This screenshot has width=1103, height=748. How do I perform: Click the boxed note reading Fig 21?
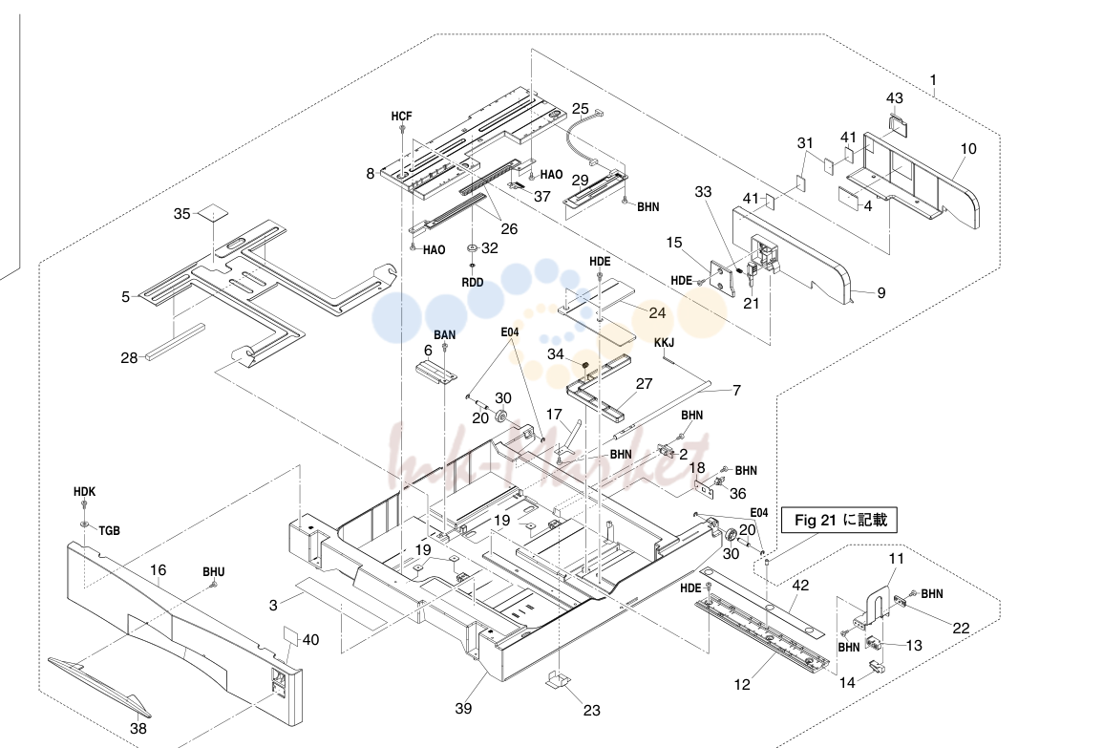[x=839, y=521]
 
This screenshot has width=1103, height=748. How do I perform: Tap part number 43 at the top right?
[x=895, y=98]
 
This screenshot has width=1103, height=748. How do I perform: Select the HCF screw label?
[x=402, y=117]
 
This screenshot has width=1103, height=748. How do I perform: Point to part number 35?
[x=182, y=214]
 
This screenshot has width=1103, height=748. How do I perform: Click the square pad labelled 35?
[x=213, y=213]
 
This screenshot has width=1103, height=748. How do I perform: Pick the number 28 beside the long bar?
[x=130, y=358]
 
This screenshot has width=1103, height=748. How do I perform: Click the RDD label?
[x=473, y=282]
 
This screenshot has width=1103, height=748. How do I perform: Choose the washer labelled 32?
[x=472, y=248]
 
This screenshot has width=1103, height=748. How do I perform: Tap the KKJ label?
[x=664, y=343]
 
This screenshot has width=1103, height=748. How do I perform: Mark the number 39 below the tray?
[x=463, y=709]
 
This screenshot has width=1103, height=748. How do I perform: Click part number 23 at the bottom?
[x=591, y=711]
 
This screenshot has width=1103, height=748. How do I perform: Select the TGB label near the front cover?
[x=109, y=530]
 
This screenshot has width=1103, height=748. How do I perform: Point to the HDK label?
[x=84, y=492]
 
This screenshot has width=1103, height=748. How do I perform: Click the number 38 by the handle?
[x=138, y=728]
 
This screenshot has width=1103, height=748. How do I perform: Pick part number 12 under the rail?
[x=743, y=685]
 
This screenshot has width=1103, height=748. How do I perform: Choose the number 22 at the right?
[x=961, y=629]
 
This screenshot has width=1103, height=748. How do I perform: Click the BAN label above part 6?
[x=445, y=335]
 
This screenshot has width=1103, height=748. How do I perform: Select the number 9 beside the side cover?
[x=881, y=292]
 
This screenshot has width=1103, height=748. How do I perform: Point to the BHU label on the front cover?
[x=214, y=572]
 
